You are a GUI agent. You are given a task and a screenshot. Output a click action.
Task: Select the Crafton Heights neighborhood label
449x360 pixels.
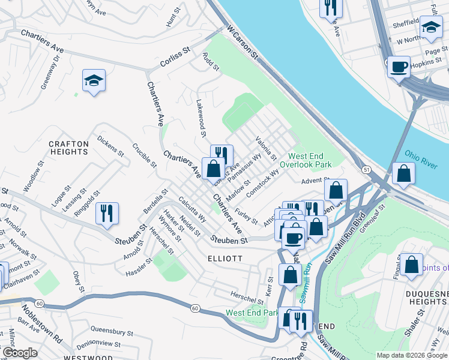pyautogui.click(x=68, y=148)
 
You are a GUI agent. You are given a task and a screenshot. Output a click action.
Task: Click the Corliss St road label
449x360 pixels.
pyautogui.click(x=175, y=58)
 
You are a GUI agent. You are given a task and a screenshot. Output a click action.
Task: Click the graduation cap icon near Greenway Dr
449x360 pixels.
pyautogui.click(x=94, y=81)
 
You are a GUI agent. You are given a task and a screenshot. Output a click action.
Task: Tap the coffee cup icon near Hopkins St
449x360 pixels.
pyautogui.click(x=399, y=67)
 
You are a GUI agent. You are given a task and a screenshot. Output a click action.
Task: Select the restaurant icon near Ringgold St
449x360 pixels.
pyautogui.click(x=107, y=213)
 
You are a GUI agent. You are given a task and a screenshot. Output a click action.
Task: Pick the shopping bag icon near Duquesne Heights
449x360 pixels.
pyautogui.click(x=412, y=265)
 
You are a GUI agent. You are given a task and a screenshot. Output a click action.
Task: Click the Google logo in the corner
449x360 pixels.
pyautogui.click(x=20, y=353)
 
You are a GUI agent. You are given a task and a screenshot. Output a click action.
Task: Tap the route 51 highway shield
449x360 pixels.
pyautogui.click(x=366, y=170)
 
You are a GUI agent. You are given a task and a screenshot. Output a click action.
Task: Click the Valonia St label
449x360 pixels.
pyautogui.click(x=265, y=149)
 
